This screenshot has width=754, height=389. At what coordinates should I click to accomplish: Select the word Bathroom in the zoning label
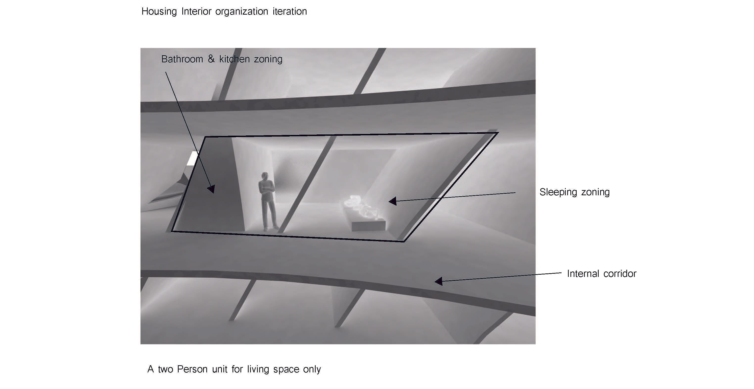point(182,59)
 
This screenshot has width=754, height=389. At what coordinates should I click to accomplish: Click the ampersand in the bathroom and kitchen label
point(211,59)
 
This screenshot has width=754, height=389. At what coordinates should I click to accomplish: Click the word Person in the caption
point(192,369)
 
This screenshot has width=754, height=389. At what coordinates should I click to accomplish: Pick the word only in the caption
point(312,369)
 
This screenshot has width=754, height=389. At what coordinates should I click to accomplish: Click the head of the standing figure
point(265,176)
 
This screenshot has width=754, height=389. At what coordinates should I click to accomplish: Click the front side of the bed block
point(369,226)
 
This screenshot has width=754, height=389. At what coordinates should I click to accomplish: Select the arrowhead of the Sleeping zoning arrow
point(393,201)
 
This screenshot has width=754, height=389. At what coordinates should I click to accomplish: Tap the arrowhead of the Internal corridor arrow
point(438,281)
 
